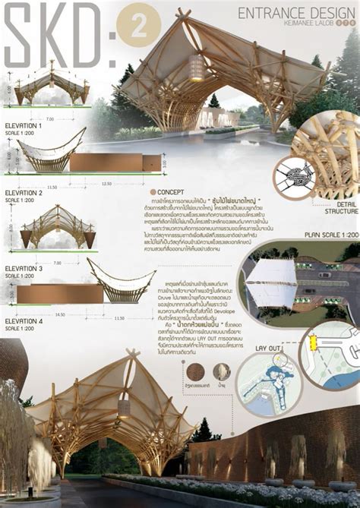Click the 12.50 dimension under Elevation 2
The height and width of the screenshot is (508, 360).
(106, 183)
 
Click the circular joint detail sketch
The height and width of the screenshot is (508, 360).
(293, 178)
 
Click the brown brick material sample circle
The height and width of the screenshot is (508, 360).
(195, 371)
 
